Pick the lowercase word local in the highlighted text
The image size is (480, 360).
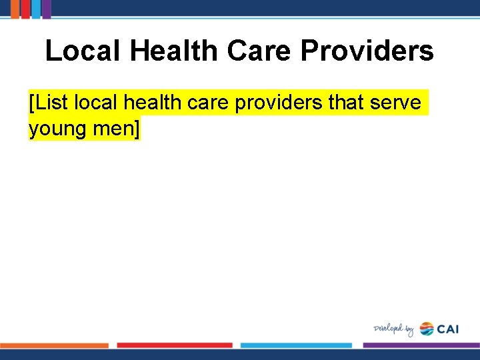pyautogui.click(x=97, y=103)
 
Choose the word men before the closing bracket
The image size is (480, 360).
pyautogui.click(x=113, y=129)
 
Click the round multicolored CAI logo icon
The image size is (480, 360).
pyautogui.click(x=427, y=329)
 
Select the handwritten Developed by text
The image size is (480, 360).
pyautogui.click(x=394, y=329)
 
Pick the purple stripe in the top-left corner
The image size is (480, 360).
pyautogui.click(x=46, y=8)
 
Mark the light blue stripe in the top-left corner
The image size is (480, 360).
pyautogui.click(x=35, y=8)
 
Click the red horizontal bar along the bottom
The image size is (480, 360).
pyautogui.click(x=175, y=345)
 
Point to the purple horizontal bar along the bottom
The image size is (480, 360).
pyautogui.click(x=421, y=345)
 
